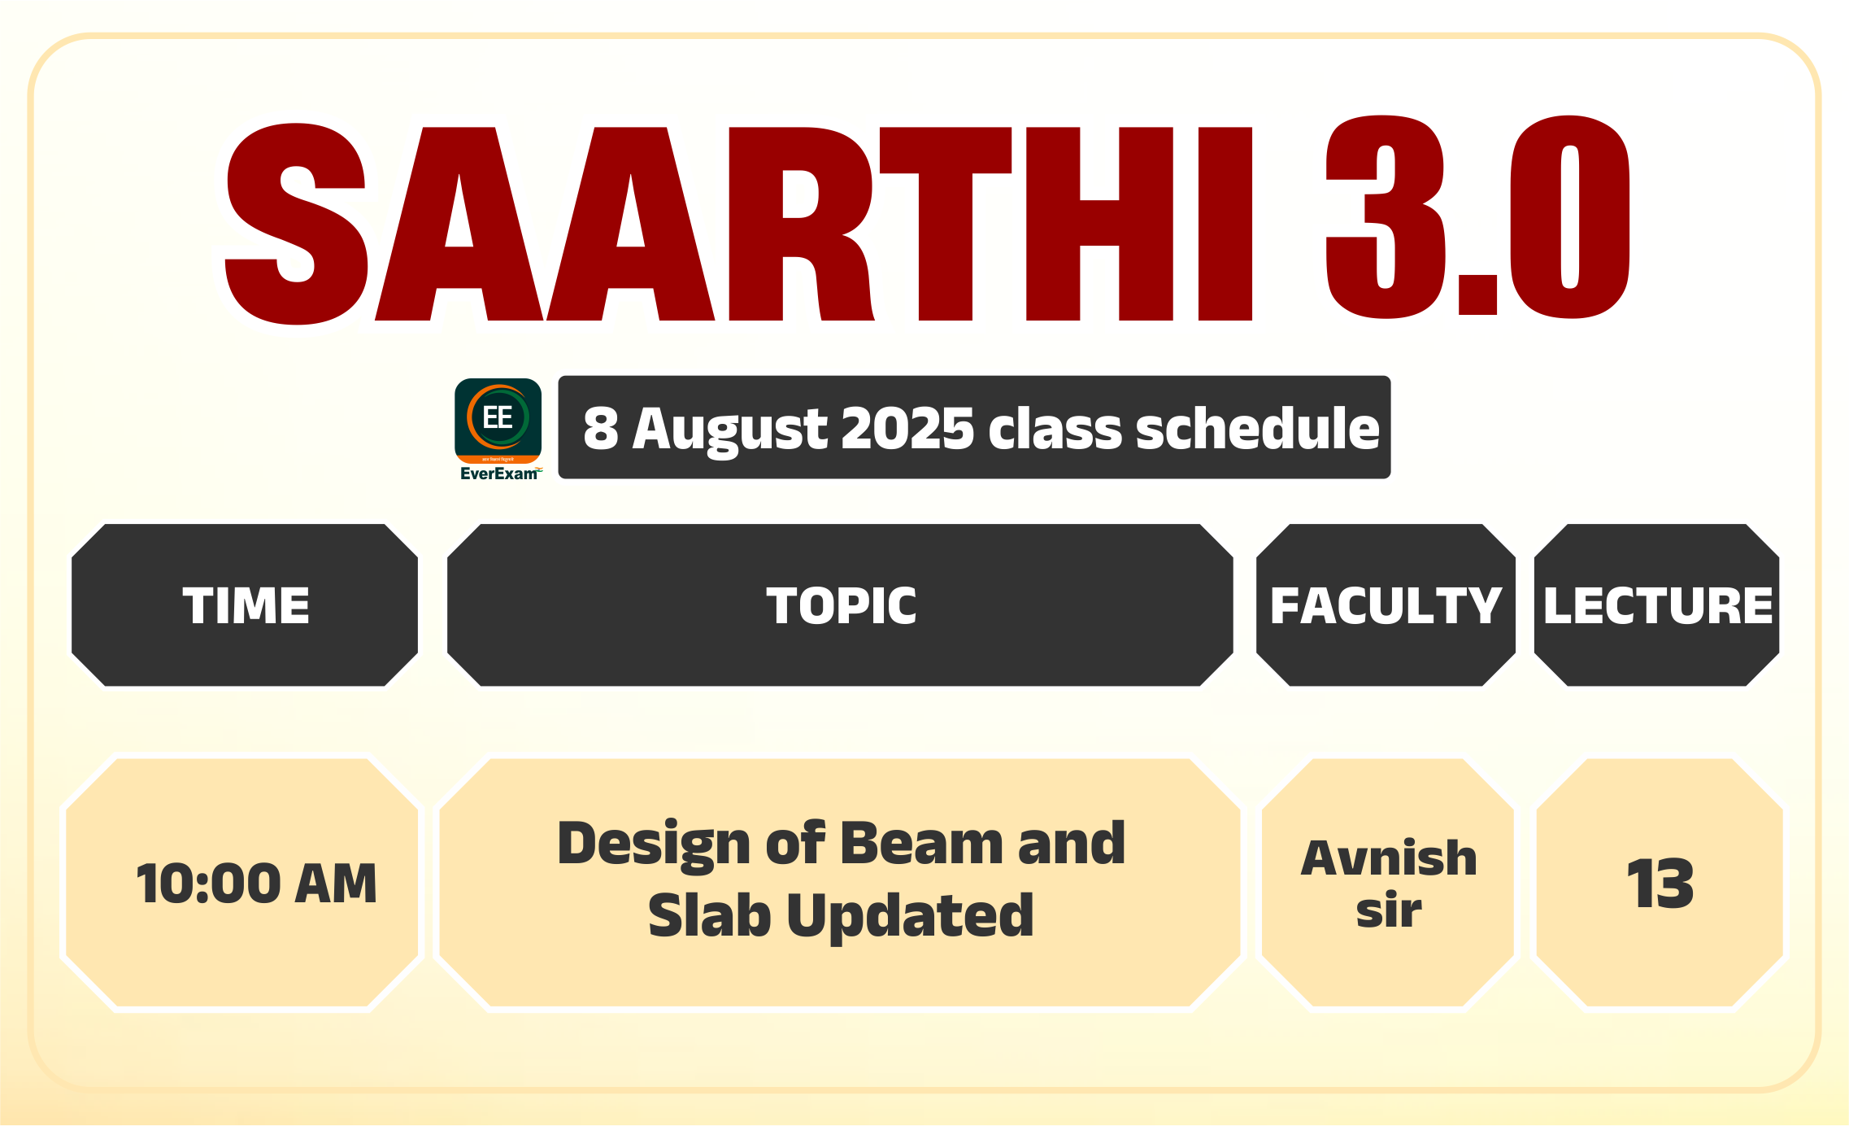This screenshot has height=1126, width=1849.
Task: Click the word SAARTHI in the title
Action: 738,224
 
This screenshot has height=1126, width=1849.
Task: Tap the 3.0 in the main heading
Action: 1478,217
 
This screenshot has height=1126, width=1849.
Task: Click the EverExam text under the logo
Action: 499,474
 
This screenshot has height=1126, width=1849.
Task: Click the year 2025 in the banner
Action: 907,428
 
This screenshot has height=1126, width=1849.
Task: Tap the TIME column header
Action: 246,605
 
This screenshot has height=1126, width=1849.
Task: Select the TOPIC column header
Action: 841,605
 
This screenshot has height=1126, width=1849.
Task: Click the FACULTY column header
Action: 1386,605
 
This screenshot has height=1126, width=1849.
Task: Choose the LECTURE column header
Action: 1658,605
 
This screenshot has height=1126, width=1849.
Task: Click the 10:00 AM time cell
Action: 256,884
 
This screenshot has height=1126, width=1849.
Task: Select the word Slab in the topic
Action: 709,914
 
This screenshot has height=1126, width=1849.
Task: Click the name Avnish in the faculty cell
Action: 1389,858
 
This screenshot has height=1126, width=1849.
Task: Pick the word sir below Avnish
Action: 1389,910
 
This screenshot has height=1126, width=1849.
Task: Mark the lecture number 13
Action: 1660,884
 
